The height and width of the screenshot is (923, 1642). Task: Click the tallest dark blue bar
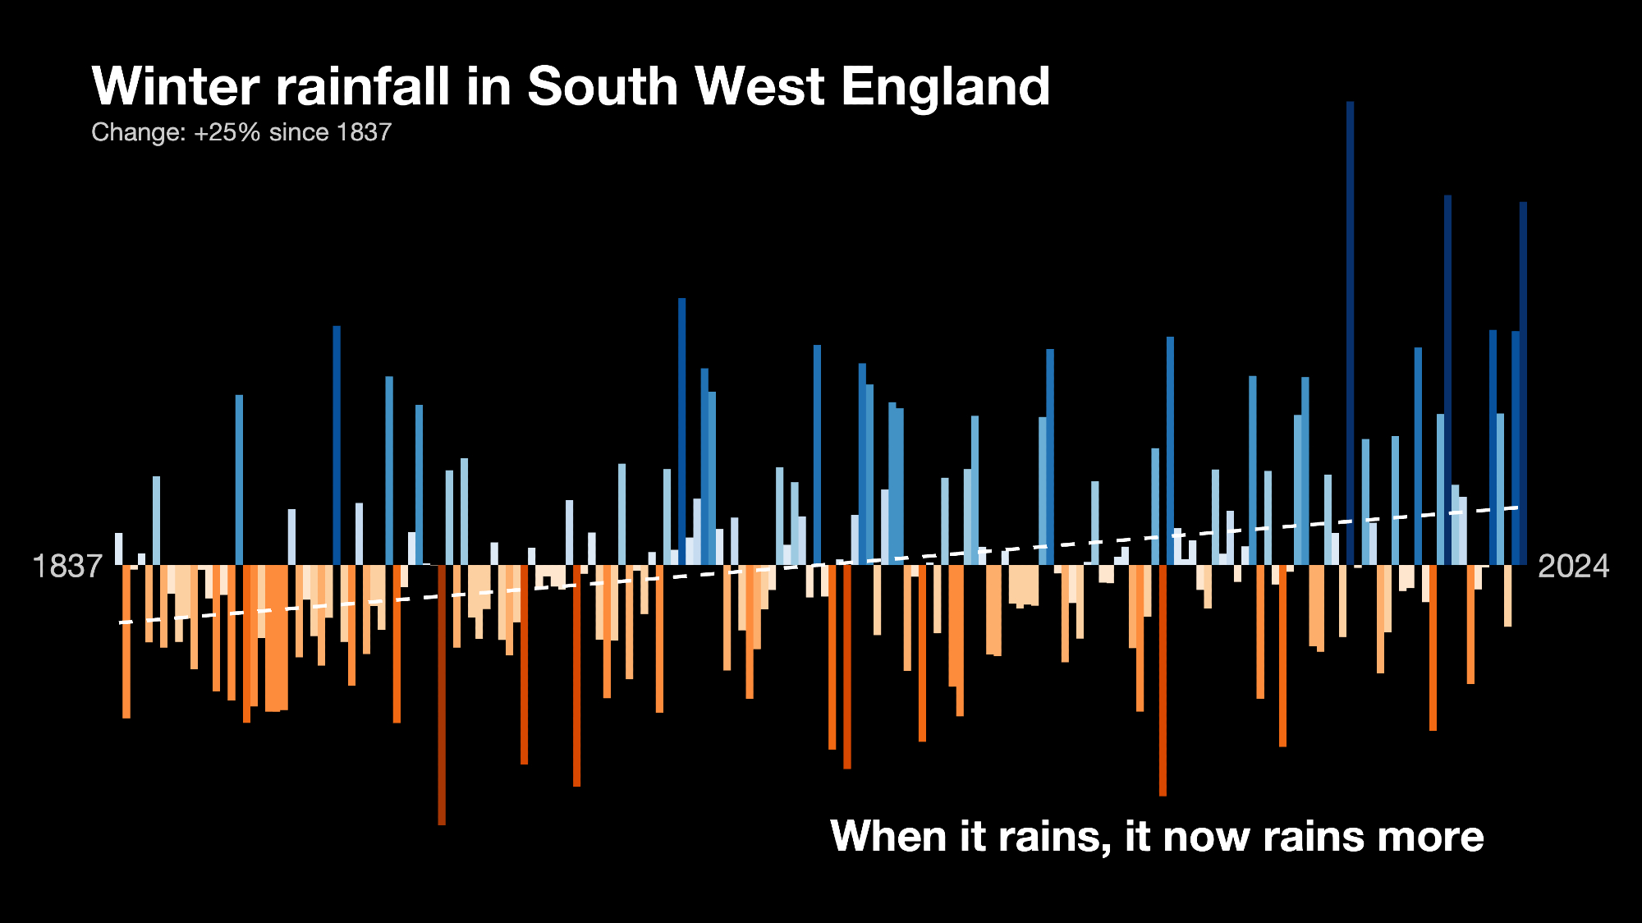(x=1350, y=328)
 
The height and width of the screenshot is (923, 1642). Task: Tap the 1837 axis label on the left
(x=67, y=567)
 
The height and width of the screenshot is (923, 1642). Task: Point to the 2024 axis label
(x=1573, y=567)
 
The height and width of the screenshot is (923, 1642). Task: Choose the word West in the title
(x=760, y=86)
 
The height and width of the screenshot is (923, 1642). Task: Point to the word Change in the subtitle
(x=136, y=132)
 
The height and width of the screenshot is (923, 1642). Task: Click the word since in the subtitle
(x=299, y=132)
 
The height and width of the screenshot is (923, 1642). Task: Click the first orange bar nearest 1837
(x=126, y=641)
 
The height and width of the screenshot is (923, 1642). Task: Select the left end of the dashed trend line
(x=122, y=622)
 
